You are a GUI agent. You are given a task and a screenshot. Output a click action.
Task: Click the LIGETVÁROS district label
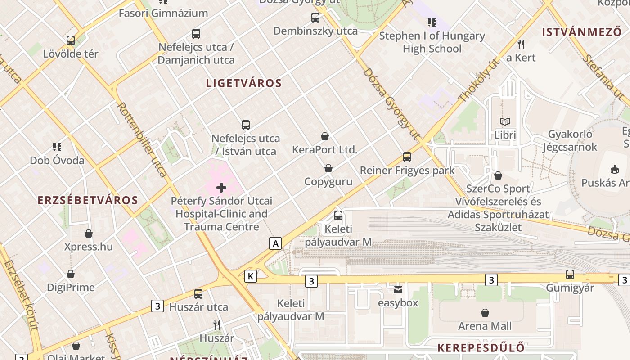click(x=244, y=83)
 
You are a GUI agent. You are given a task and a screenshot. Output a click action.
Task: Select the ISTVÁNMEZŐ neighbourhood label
click(x=581, y=32)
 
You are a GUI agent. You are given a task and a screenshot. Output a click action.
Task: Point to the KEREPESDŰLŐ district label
click(x=481, y=348)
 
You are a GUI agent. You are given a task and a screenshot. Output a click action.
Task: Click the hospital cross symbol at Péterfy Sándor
click(x=221, y=188)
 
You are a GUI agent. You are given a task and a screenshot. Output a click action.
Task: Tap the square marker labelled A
click(x=275, y=243)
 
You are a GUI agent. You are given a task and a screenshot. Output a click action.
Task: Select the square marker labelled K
click(x=251, y=276)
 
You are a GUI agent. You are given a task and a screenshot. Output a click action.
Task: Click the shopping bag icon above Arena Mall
click(x=485, y=313)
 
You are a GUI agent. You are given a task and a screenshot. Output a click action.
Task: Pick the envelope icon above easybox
click(x=398, y=290)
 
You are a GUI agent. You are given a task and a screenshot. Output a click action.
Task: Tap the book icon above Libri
click(x=505, y=122)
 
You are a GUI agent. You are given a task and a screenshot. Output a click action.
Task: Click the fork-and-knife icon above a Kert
click(x=521, y=45)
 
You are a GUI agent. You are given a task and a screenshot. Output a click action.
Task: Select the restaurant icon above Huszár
click(x=217, y=324)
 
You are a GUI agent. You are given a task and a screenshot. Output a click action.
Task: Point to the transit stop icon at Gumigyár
click(x=570, y=274)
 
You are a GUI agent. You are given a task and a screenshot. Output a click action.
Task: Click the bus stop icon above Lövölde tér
click(x=71, y=40)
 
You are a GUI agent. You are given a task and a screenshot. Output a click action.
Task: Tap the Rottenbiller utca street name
click(x=142, y=139)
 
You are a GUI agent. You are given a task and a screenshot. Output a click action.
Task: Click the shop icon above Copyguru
click(x=328, y=169)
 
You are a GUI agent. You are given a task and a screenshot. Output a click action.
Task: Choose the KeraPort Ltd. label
click(x=324, y=149)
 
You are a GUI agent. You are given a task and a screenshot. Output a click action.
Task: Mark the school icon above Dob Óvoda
click(x=57, y=147)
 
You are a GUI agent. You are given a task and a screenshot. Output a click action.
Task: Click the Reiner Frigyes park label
click(x=407, y=171)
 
